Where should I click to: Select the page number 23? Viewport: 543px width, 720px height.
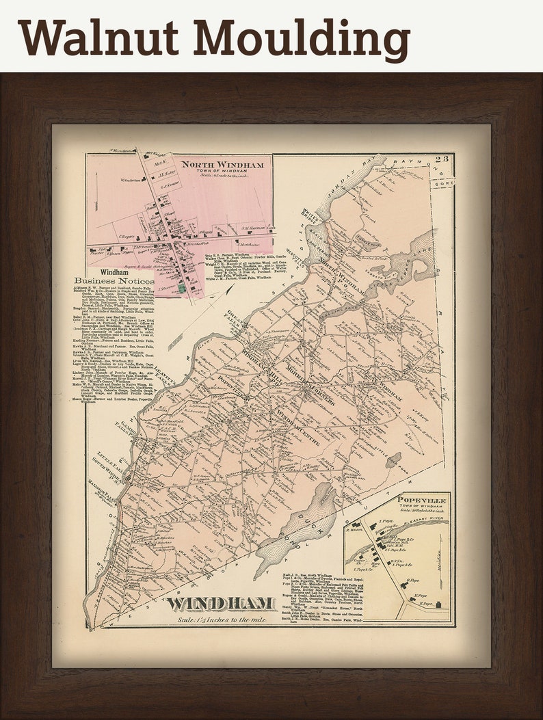[x=444, y=160]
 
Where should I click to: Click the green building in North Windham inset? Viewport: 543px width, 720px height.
[x=182, y=289]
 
